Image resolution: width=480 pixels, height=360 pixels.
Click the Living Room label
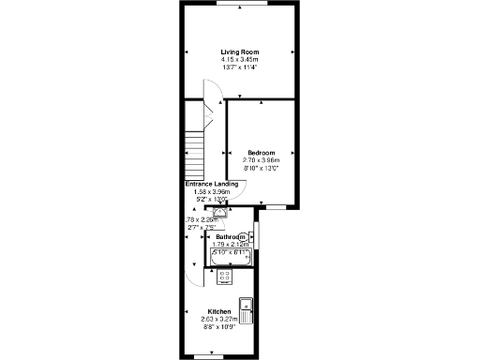pyautogui.click(x=239, y=52)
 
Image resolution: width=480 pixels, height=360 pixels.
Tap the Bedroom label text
pyautogui.click(x=262, y=153)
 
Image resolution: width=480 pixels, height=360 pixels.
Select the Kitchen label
pyautogui.click(x=219, y=311)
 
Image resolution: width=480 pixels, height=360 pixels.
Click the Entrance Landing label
pyautogui.click(x=212, y=184)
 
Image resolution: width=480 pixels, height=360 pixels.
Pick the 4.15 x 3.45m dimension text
pyautogui.click(x=239, y=60)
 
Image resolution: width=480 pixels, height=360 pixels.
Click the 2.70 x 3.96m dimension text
pyautogui.click(x=262, y=160)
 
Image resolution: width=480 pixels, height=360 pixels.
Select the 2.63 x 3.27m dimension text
pyautogui.click(x=219, y=319)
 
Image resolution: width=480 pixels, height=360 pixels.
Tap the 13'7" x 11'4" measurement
pyautogui.click(x=239, y=67)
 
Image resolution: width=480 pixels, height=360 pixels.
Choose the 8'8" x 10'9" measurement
pyautogui.click(x=219, y=326)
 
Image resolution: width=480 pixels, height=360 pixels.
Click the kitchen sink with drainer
pyautogui.click(x=247, y=311)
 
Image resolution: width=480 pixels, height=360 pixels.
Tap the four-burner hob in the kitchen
pyautogui.click(x=224, y=276)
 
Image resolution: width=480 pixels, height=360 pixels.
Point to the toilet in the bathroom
pyautogui.click(x=246, y=237)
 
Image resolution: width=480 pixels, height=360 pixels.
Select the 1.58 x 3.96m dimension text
pyautogui.click(x=212, y=191)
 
